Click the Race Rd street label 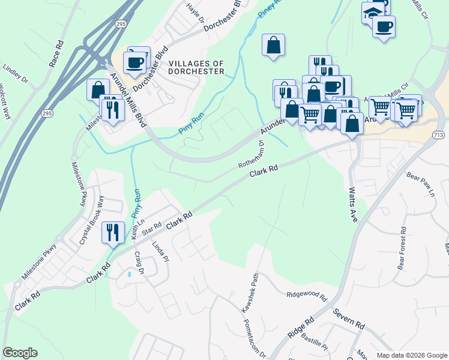(56, 55)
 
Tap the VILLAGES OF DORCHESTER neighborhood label (196, 67)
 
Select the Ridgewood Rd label (306, 296)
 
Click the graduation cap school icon (372, 11)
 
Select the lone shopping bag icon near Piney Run (273, 45)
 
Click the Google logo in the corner (20, 353)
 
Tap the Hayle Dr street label (193, 13)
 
